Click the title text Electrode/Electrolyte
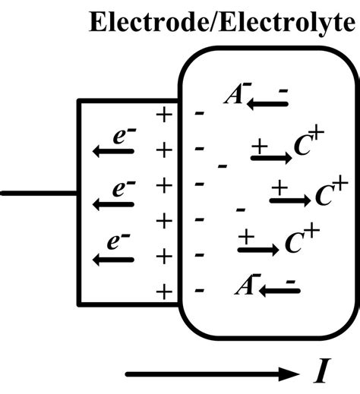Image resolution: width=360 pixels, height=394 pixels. click(221, 23)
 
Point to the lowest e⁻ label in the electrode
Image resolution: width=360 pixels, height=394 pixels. click(115, 242)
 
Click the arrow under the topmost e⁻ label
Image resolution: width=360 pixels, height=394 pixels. click(113, 152)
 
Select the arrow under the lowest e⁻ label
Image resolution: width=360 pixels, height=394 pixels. click(113, 259)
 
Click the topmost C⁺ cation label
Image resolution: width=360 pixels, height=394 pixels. click(308, 147)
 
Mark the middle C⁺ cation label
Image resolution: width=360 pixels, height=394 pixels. click(330, 194)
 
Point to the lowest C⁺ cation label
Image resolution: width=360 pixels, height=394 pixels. click(299, 242)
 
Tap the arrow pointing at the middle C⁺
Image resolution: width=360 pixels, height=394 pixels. click(289, 200)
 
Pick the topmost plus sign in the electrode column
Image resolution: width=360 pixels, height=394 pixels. click(163, 115)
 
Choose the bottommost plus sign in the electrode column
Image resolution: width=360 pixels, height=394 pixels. click(163, 290)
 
